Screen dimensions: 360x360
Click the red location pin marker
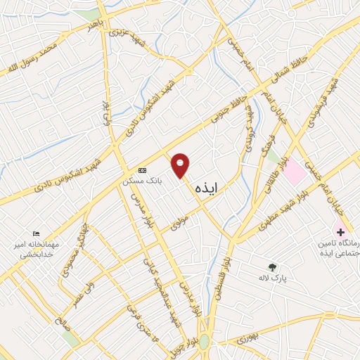tap(181, 165)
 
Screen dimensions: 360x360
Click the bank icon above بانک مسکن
tap(142, 170)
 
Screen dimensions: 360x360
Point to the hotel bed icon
tap(37, 234)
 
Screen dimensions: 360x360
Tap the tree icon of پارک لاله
tap(273, 266)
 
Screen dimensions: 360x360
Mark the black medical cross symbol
tap(340, 231)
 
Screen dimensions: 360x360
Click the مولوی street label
tap(180, 224)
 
